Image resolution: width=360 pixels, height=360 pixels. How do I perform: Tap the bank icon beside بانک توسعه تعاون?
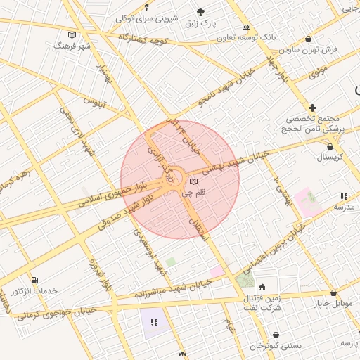click(x=245, y=27)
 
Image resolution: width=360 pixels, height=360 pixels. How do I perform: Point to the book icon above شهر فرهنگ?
click(x=72, y=34)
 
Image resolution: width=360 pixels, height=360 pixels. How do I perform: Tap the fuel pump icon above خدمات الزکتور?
click(x=35, y=281)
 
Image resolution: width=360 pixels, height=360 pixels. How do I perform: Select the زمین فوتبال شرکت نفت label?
click(x=263, y=304)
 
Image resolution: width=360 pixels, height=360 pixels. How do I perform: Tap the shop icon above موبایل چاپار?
click(x=333, y=293)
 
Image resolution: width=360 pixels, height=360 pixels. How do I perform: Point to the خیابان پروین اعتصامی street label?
click(x=274, y=250)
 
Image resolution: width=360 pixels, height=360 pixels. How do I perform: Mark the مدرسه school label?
click(x=343, y=207)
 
